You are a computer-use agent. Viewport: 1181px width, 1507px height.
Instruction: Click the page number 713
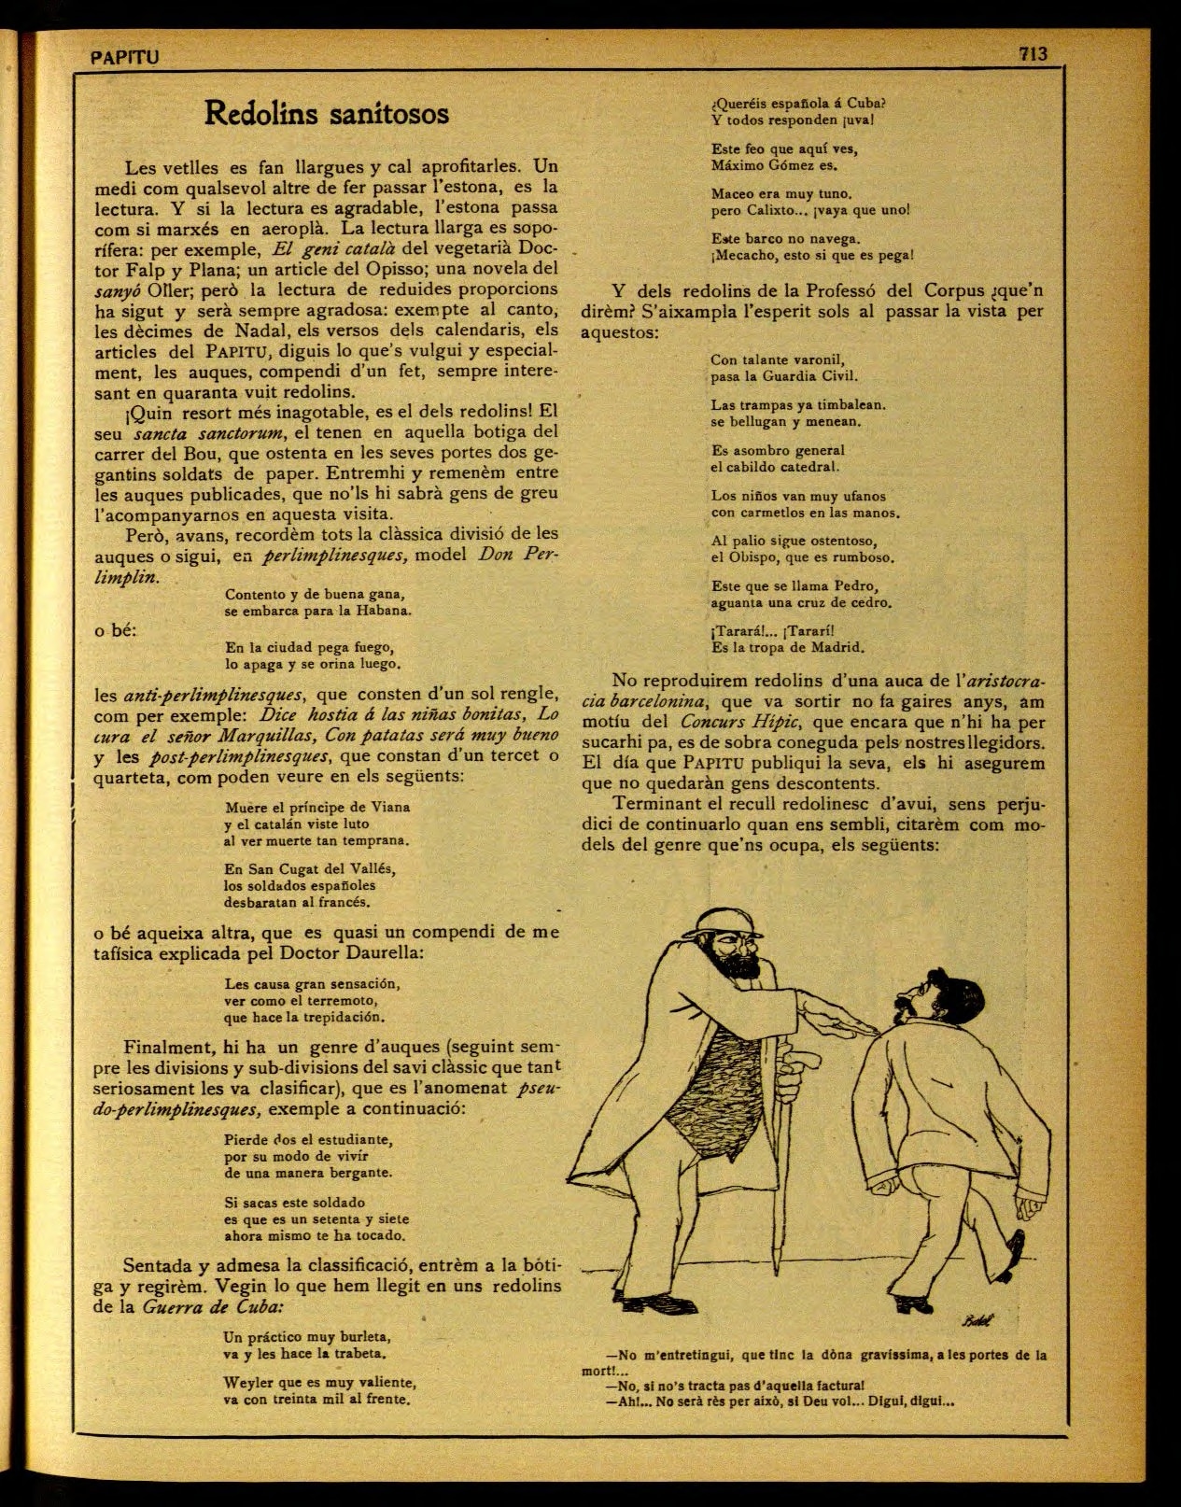pos(1033,54)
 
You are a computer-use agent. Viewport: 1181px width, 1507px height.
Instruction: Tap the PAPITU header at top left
pos(126,58)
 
